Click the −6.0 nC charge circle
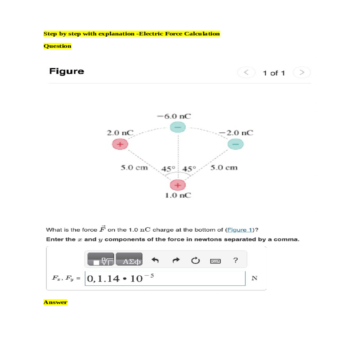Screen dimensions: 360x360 [178, 127]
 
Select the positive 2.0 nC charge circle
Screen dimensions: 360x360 [120, 144]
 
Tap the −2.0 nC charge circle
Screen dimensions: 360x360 [236, 144]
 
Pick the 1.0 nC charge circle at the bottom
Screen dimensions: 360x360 [178, 185]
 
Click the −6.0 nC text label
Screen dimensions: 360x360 [174, 116]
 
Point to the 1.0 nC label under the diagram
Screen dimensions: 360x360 [178, 195]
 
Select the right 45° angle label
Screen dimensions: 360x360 [189, 169]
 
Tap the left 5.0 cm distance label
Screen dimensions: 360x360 [134, 167]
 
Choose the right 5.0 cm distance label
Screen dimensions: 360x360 [224, 167]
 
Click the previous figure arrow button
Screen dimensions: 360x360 [246, 73]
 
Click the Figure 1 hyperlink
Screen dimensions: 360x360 [240, 230]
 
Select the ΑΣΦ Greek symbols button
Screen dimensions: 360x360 [129, 259]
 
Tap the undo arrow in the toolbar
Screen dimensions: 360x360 [155, 260]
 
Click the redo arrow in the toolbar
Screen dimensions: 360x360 [176, 260]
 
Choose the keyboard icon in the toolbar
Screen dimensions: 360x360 [215, 261]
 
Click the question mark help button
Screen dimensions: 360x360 [235, 260]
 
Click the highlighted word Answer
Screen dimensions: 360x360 [55, 302]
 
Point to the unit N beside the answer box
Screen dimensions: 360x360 [254, 278]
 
